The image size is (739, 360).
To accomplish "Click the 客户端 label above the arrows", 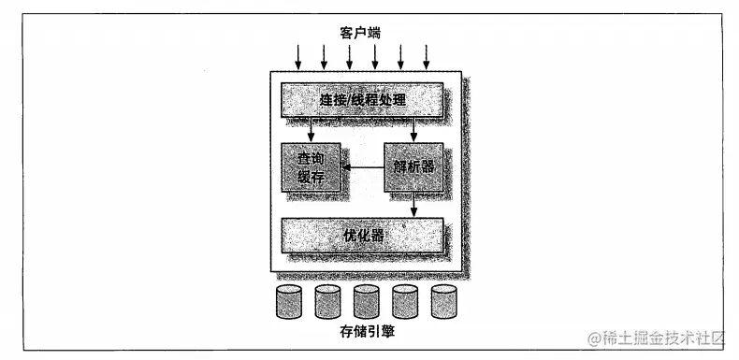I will point(360,33).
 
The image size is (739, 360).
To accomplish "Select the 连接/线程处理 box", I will point(361,99).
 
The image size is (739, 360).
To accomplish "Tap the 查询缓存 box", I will point(310,167).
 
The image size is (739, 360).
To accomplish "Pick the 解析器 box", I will point(413,167).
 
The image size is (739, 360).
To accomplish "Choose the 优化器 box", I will point(361,234).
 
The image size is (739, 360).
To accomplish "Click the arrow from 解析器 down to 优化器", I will point(413,205).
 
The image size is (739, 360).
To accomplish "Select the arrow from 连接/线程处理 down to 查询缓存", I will point(311,130).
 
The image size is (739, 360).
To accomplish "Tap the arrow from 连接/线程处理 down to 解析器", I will point(413,130).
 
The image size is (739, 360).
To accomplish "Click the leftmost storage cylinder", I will point(289,302).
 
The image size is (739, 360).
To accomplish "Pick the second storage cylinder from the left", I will point(327,302).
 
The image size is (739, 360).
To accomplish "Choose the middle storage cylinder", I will point(366,302).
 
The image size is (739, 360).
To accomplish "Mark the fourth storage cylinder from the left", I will point(404,302).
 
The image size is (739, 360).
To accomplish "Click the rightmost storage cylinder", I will point(442,302).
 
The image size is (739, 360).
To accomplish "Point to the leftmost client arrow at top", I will point(298,57).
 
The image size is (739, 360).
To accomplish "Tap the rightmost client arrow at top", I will point(426,57).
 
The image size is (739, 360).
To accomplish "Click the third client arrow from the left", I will point(350,57).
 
